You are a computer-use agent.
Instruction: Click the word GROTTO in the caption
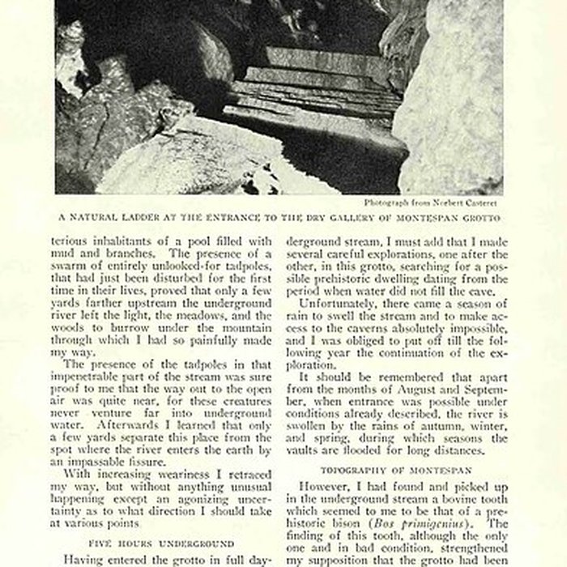point(492,217)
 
